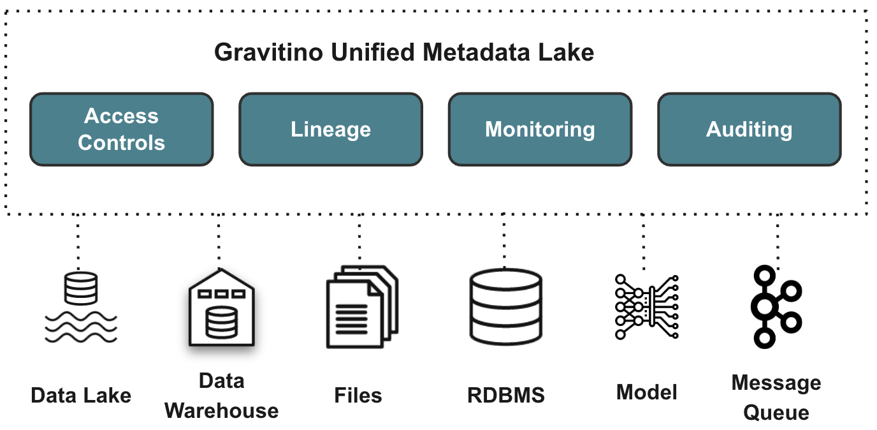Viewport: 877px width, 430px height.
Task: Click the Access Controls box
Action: click(x=121, y=129)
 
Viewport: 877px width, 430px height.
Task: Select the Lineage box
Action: click(x=330, y=129)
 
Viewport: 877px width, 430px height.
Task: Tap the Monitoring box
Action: click(x=540, y=129)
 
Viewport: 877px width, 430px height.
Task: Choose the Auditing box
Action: click(x=749, y=129)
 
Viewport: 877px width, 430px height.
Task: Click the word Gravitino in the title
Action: click(x=267, y=52)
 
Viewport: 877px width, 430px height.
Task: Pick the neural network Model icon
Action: click(x=646, y=307)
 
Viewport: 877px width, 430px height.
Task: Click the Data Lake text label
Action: click(x=81, y=395)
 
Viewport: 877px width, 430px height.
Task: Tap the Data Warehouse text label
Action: click(x=221, y=396)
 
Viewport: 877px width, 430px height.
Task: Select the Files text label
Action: click(x=358, y=395)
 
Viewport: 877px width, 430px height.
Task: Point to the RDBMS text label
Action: click(x=506, y=395)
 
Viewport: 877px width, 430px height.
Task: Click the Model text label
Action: click(x=646, y=392)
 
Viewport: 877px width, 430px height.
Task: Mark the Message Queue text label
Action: click(x=776, y=397)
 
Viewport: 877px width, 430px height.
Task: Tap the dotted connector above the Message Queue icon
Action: click(x=777, y=239)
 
